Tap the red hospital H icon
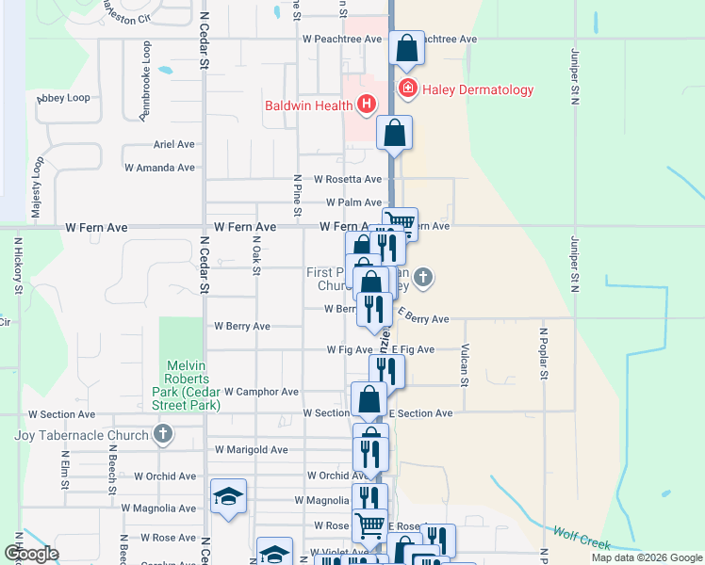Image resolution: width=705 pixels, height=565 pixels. point(366,104)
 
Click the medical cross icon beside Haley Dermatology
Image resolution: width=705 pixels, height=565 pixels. point(407,90)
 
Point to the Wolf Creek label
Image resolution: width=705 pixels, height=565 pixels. point(582,540)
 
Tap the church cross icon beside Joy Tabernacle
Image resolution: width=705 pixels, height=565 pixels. point(163,435)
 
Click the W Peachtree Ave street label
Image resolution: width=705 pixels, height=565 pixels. point(341,40)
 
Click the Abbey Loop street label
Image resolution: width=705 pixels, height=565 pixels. point(64,98)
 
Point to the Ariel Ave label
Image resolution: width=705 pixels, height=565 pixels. point(173,145)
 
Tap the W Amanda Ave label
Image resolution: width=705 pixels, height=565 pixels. point(159,168)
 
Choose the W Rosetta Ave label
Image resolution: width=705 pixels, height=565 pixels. point(348,179)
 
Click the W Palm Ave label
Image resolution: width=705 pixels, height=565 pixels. point(353,202)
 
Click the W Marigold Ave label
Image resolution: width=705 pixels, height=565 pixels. point(251,450)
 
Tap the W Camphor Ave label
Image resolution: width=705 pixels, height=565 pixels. point(261,392)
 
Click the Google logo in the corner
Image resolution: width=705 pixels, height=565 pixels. point(32,554)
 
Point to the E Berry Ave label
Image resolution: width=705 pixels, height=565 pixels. point(421,319)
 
